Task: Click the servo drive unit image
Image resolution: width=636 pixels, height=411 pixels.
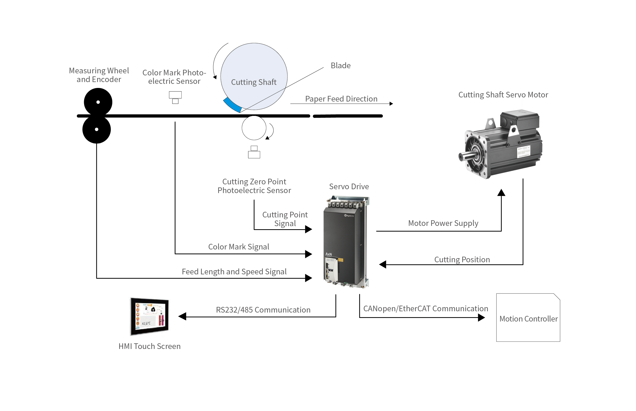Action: coord(346,242)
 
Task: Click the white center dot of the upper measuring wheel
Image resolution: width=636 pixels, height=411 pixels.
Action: coord(98,102)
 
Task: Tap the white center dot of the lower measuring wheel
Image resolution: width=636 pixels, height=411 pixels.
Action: coord(97,129)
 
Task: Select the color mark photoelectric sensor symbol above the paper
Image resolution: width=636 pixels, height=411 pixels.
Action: coord(175,97)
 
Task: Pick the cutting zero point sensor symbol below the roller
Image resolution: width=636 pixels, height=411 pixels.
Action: coord(254,152)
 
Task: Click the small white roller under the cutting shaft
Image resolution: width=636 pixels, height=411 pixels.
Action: coord(254,128)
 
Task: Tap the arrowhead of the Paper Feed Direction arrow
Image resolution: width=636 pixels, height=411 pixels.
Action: coord(391,104)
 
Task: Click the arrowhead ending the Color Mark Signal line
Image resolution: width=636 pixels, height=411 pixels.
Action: coord(309,254)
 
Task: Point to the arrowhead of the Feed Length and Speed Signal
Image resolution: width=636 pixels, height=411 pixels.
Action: coord(309,278)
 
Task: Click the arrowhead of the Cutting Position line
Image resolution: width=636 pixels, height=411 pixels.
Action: coord(383,265)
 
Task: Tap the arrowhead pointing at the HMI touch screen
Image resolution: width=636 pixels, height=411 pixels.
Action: coord(182,317)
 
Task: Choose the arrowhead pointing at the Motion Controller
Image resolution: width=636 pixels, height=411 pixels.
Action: coord(481,318)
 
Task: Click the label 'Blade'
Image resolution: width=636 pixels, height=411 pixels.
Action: coord(341,66)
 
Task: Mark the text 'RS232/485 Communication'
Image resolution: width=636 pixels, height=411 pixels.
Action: coord(263,310)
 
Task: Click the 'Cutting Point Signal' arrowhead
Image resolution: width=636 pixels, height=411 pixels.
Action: coord(309,229)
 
